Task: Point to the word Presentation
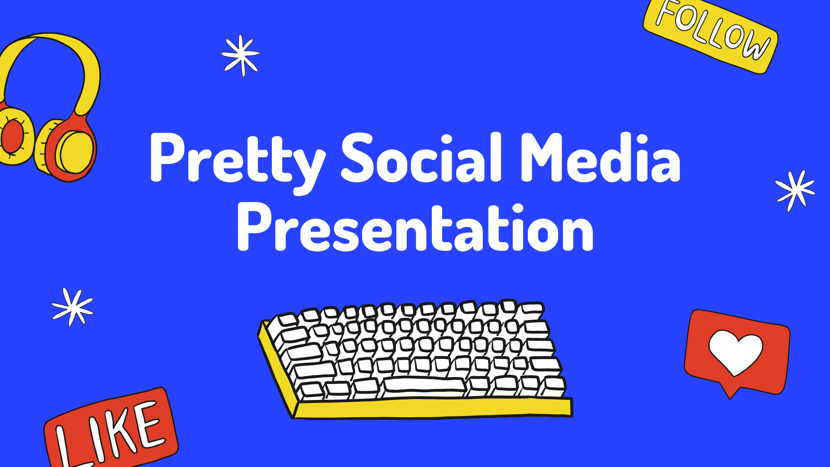(415, 228)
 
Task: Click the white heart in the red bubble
(735, 352)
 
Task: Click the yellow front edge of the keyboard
(432, 409)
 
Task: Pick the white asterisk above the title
(241, 55)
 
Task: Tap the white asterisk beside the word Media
(795, 190)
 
